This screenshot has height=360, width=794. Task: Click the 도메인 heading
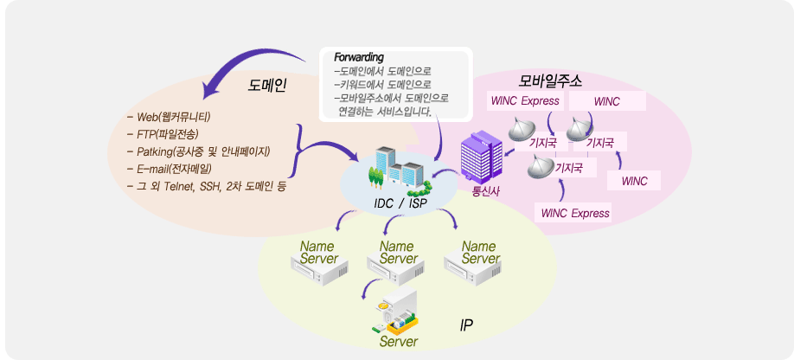[x=267, y=86]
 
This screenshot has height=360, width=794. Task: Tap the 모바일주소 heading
[x=550, y=80]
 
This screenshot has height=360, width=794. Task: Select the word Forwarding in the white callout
[x=359, y=57]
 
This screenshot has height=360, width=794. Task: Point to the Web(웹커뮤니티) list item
[x=169, y=118]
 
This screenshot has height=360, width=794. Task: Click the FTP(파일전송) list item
[x=163, y=135]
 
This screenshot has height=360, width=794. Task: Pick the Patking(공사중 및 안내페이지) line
[x=199, y=151]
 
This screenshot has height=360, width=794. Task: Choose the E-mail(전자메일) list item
[x=170, y=169]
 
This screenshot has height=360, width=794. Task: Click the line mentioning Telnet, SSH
[x=207, y=186]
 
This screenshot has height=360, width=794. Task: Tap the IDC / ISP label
[x=400, y=203]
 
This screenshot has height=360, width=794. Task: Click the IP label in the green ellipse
[x=466, y=325]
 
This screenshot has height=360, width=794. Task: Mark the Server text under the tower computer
[x=399, y=342]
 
